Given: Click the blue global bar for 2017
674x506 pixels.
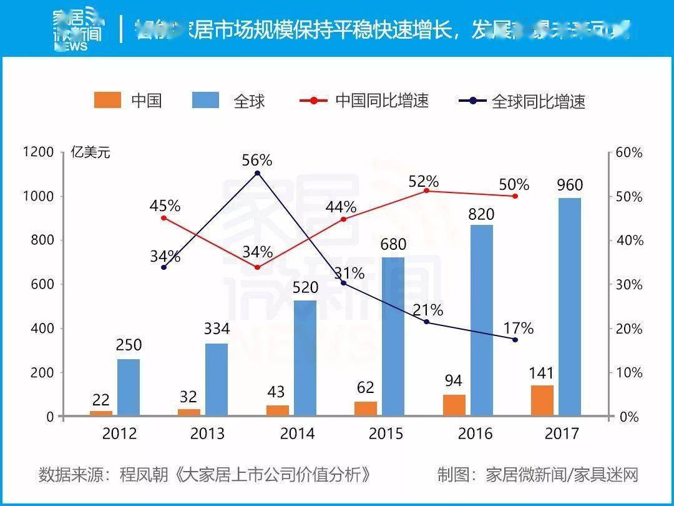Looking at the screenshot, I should click(x=569, y=306).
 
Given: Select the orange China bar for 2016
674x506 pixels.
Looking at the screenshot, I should click(x=454, y=405).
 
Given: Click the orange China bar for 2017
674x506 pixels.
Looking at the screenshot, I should click(x=542, y=400).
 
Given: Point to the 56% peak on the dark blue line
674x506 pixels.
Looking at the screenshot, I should click(x=258, y=173).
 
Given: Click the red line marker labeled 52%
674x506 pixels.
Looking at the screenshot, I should click(x=426, y=190).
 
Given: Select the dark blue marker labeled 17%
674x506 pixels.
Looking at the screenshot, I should click(x=515, y=339).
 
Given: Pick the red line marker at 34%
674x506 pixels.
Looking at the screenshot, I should click(x=258, y=267).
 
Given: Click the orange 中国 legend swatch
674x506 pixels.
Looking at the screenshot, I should click(x=107, y=100).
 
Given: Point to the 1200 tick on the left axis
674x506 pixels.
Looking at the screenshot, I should click(x=39, y=152).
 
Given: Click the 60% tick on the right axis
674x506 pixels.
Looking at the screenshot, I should click(x=630, y=152).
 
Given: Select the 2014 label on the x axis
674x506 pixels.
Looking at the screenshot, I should click(x=298, y=433).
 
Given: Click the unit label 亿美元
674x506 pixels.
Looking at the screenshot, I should click(x=90, y=152).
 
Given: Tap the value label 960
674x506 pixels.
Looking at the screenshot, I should click(x=569, y=185).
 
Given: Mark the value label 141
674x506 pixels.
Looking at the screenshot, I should click(x=542, y=374).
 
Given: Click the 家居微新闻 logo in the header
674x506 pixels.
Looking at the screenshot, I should click(x=77, y=28).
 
